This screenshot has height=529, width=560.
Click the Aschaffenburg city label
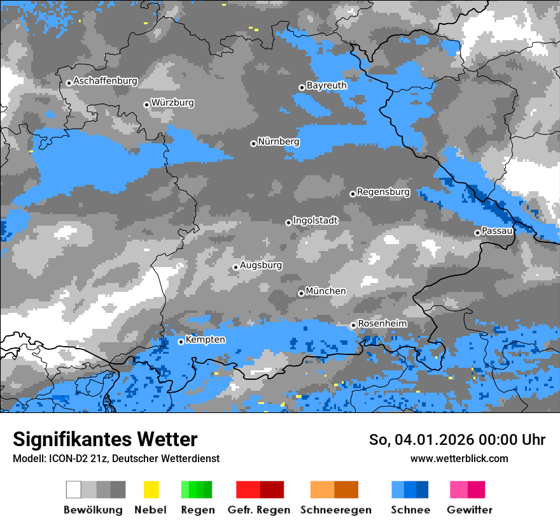point(105,81)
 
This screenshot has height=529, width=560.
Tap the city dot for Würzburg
point(146,105)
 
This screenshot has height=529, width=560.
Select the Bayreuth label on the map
point(326,85)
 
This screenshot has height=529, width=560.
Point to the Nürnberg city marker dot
point(253,143)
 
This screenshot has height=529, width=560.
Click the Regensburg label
point(383,192)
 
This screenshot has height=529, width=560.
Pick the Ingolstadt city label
point(315,221)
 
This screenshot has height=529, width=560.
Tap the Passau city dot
point(477,233)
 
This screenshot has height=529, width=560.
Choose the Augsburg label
point(261,265)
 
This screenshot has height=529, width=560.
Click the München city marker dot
point(301,293)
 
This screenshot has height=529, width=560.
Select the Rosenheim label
point(382,324)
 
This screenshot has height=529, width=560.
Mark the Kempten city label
point(205,340)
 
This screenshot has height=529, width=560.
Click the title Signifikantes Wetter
point(105,439)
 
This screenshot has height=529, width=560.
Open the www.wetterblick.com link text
point(459,458)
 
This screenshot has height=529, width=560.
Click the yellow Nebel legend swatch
point(151,489)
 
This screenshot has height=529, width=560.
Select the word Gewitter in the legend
point(469,510)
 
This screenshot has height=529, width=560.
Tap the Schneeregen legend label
point(334,510)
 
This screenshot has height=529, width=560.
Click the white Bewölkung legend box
point(74,489)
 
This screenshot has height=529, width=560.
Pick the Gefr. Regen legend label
point(259,510)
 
